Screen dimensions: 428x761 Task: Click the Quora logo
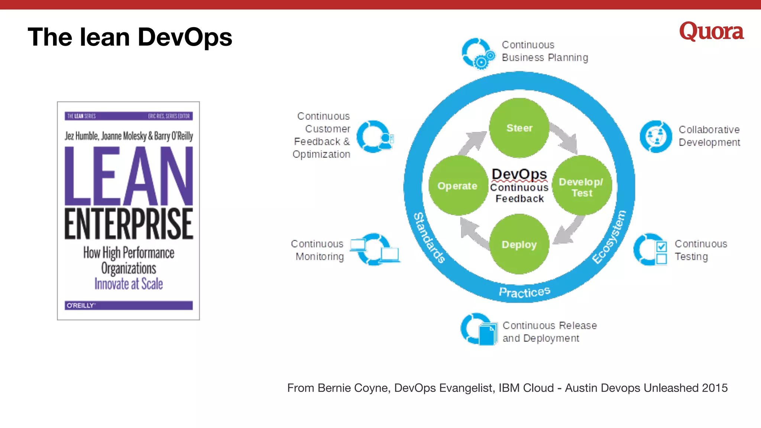pyautogui.click(x=711, y=31)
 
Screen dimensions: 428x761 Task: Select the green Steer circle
pyautogui.click(x=519, y=128)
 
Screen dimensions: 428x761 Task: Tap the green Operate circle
pyautogui.click(x=458, y=185)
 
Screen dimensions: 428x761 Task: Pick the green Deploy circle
pyautogui.click(x=519, y=244)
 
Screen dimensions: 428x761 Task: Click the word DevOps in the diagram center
pyautogui.click(x=519, y=174)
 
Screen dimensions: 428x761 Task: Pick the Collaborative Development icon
pyautogui.click(x=656, y=136)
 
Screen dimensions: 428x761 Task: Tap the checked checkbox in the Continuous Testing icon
pyautogui.click(x=661, y=246)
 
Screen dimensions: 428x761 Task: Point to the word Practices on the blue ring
pyautogui.click(x=524, y=292)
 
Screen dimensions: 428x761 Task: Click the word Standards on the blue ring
pyautogui.click(x=430, y=237)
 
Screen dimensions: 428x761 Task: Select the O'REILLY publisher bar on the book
pyautogui.click(x=129, y=305)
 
